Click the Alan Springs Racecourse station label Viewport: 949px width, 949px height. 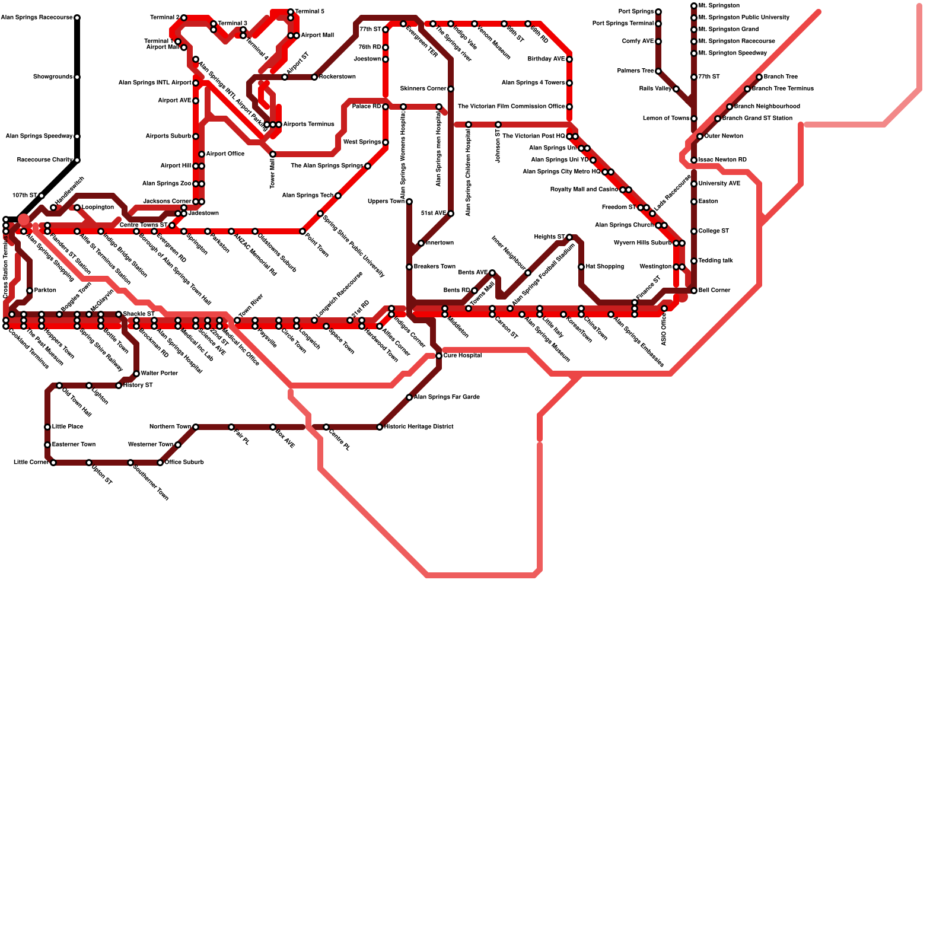37,18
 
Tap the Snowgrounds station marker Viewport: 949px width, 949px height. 77,77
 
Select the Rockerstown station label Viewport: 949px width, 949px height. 337,77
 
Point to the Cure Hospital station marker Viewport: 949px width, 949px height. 439,356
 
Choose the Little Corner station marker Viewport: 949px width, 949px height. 53,463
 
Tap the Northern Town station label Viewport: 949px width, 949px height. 170,427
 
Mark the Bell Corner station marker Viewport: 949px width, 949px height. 694,291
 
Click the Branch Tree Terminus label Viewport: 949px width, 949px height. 783,89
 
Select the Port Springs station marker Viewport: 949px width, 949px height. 658,12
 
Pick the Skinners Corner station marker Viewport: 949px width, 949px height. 451,89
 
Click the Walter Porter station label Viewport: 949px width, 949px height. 160,374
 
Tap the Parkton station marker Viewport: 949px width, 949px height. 30,291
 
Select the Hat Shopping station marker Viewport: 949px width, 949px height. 581,267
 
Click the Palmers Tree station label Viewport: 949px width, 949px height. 635,71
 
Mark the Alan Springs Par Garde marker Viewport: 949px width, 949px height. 409,397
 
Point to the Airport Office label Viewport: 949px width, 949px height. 225,154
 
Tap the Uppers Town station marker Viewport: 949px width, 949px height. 409,202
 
